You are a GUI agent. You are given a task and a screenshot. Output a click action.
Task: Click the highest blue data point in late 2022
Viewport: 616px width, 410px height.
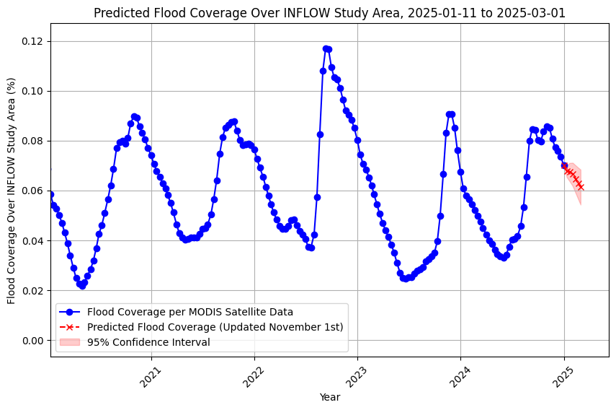click(x=326, y=48)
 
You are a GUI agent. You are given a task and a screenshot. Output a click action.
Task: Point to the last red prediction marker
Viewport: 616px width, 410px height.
click(x=580, y=187)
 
